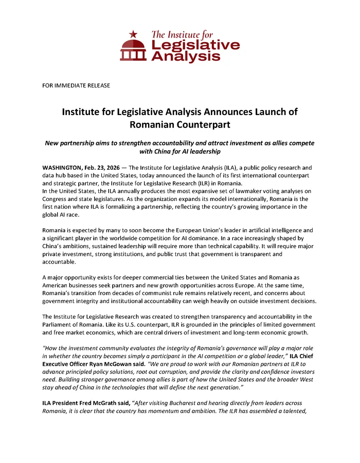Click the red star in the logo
134,34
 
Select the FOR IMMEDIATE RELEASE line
76,85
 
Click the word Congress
57,199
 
